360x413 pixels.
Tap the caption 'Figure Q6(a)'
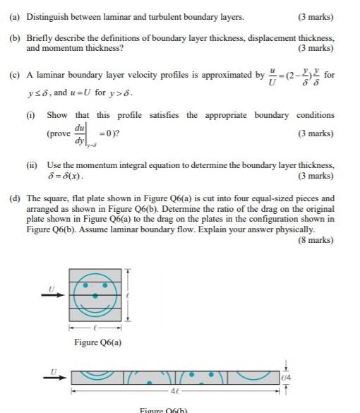[x=97, y=342]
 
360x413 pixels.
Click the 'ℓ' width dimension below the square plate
[x=96, y=328]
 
